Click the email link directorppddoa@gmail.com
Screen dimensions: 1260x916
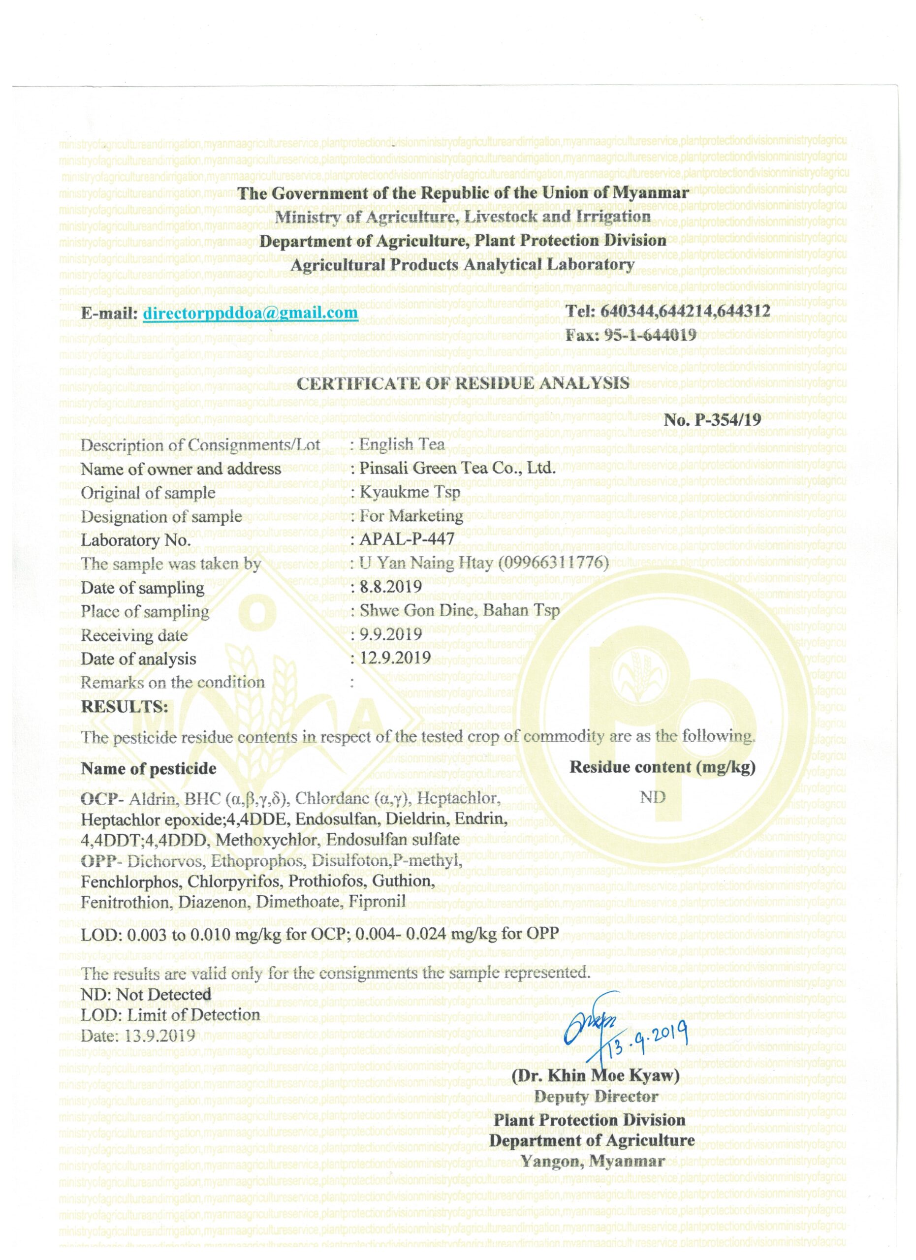[x=250, y=314]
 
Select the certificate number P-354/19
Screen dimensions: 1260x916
[x=726, y=419]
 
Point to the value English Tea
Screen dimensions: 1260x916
[x=402, y=444]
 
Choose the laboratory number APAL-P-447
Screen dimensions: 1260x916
[x=407, y=539]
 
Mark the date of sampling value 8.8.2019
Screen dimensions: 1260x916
[x=390, y=587]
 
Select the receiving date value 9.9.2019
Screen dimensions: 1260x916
[x=390, y=634]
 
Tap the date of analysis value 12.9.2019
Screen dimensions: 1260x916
[x=395, y=658]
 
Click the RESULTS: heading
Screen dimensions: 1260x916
[x=125, y=707]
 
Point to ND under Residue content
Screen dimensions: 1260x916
[x=653, y=798]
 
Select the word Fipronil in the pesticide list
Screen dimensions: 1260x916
[x=377, y=901]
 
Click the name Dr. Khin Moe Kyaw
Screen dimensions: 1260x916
[x=596, y=1075]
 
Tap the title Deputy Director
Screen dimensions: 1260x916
[x=596, y=1097]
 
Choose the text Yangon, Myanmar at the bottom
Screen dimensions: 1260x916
[x=593, y=1161]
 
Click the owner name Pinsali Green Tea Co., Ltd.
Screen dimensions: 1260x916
[x=458, y=468]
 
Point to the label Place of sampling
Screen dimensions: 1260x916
[x=145, y=612]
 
